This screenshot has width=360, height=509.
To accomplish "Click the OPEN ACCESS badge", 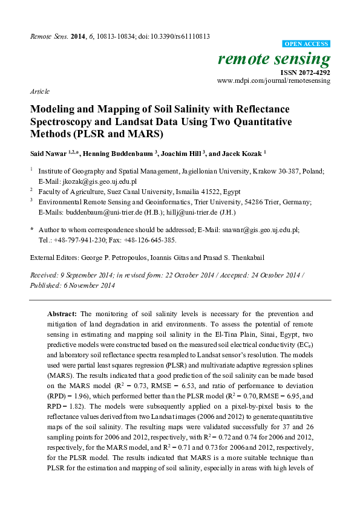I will pos(307,45).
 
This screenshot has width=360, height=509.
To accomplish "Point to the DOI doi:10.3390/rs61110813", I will pos(176,36).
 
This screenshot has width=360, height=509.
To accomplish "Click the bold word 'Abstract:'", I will pos(62,314).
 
